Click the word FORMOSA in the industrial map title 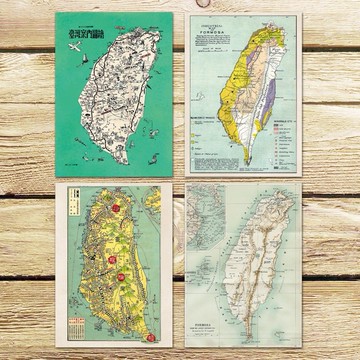click(x=243, y=31)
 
